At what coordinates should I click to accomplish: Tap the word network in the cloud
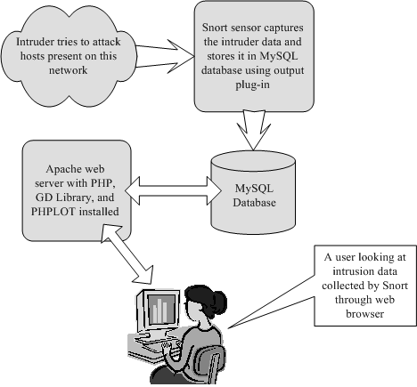pos(69,70)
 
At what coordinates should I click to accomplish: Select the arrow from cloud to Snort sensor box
pos(165,56)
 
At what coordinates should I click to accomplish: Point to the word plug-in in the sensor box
pos(252,85)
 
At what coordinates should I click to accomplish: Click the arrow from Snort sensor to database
pos(253,130)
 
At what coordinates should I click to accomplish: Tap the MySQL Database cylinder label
pos(254,196)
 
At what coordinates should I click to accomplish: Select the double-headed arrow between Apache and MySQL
pos(173,190)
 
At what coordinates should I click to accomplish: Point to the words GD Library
pos(64,198)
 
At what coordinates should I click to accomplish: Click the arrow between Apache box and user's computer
pos(127,254)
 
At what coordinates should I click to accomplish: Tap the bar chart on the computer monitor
pos(159,310)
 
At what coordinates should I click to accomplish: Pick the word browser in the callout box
pos(364,314)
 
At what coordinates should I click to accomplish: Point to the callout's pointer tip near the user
pos(228,328)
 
